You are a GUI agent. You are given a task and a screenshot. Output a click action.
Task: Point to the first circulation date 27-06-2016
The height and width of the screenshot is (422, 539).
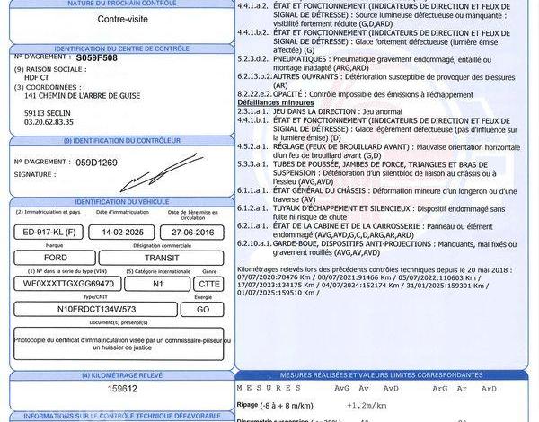pyautogui.click(x=191, y=231)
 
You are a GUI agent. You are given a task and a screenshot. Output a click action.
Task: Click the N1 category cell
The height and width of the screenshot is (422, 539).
pyautogui.click(x=158, y=283)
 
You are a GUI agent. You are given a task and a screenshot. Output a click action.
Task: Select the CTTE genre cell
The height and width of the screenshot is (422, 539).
pyautogui.click(x=208, y=283)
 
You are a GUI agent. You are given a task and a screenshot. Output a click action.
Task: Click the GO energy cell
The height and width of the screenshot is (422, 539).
pyautogui.click(x=202, y=308)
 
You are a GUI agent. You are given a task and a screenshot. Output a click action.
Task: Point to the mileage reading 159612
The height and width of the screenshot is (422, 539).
pyautogui.click(x=122, y=389)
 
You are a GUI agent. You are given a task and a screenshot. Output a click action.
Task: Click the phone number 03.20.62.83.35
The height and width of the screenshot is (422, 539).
pyautogui.click(x=49, y=121)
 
